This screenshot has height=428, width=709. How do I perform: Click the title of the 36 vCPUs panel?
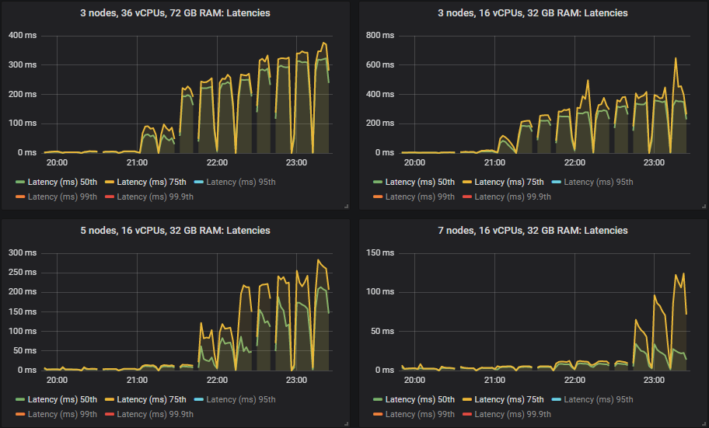point(175,12)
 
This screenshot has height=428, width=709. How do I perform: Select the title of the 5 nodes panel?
point(175,230)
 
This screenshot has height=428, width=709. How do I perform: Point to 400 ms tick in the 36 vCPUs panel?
point(22,35)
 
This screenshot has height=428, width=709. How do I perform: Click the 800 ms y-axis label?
point(379,35)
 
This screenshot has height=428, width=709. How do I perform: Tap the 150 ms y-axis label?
point(379,252)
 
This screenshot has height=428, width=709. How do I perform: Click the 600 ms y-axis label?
point(379,64)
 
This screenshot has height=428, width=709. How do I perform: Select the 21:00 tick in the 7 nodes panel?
point(494,381)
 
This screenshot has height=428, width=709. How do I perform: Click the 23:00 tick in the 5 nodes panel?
point(296,381)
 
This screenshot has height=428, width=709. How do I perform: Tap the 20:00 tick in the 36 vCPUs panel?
point(57,163)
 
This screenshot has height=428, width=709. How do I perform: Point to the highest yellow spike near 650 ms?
point(675,58)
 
